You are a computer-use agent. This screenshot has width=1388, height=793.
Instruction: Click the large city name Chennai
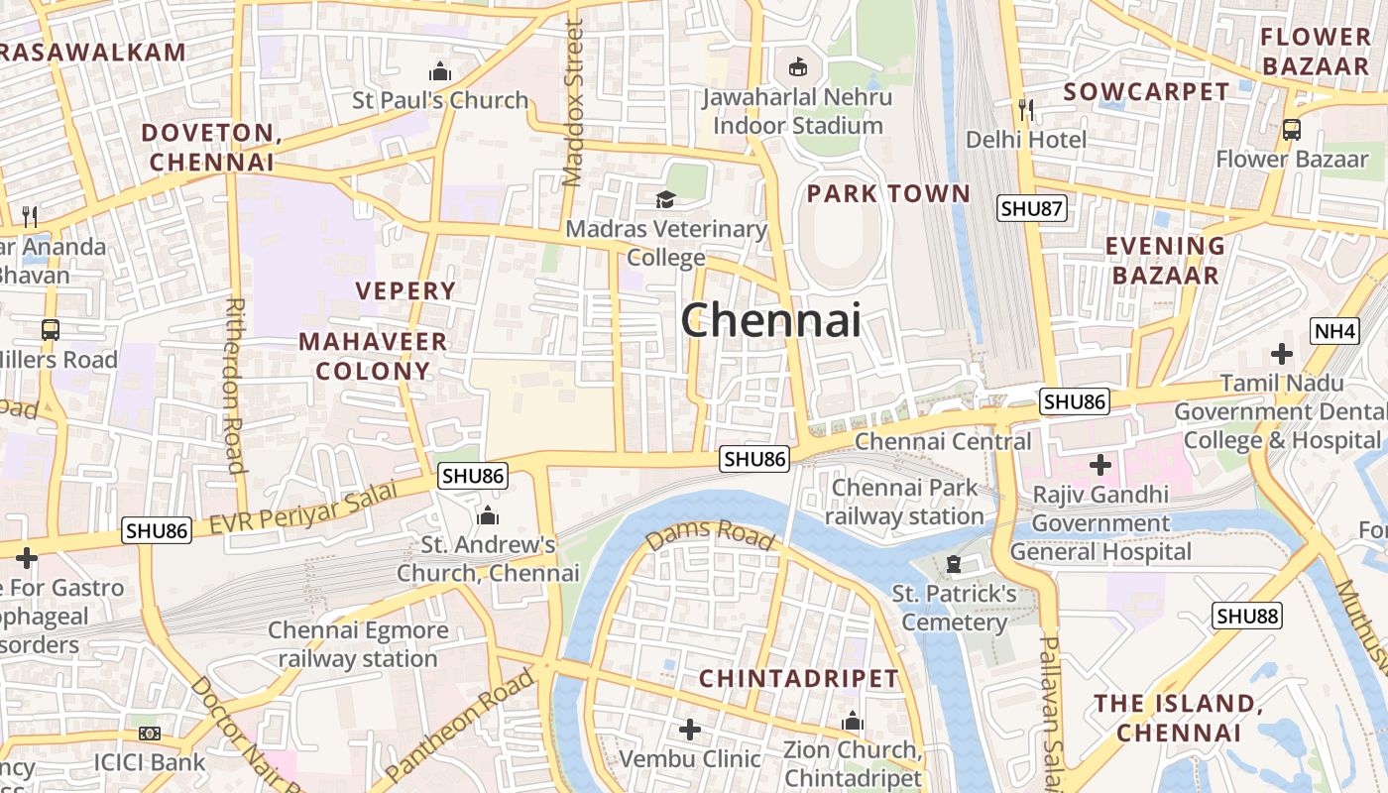tap(770, 320)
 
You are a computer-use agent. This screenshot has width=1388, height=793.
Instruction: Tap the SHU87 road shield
tap(1030, 208)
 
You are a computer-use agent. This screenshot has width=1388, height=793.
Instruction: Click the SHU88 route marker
tap(1247, 616)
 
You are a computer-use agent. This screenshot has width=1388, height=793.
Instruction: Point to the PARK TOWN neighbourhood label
tap(888, 193)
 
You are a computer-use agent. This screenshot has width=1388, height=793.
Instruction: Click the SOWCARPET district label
tap(1146, 92)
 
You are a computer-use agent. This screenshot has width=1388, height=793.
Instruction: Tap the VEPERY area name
tap(405, 290)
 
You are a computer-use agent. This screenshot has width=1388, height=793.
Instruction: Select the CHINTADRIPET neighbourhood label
tap(799, 679)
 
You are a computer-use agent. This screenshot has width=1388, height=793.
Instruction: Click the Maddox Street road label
tap(573, 104)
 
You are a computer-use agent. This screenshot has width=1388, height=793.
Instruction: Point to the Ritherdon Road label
tap(235, 386)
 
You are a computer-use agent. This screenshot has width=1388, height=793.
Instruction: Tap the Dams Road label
tap(710, 535)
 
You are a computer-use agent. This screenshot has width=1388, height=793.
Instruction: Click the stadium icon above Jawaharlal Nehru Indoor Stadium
tap(797, 66)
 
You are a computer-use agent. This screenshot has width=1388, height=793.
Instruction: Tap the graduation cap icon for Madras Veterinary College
tap(665, 200)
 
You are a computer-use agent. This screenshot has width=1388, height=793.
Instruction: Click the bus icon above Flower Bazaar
tap(1292, 129)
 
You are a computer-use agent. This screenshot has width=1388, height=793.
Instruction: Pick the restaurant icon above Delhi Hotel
tap(1026, 109)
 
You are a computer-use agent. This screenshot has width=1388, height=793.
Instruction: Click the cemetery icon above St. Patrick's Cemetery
tap(954, 564)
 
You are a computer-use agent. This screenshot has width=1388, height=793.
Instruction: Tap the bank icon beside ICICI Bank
tap(150, 734)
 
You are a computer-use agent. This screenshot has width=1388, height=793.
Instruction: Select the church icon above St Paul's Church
tap(440, 71)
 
